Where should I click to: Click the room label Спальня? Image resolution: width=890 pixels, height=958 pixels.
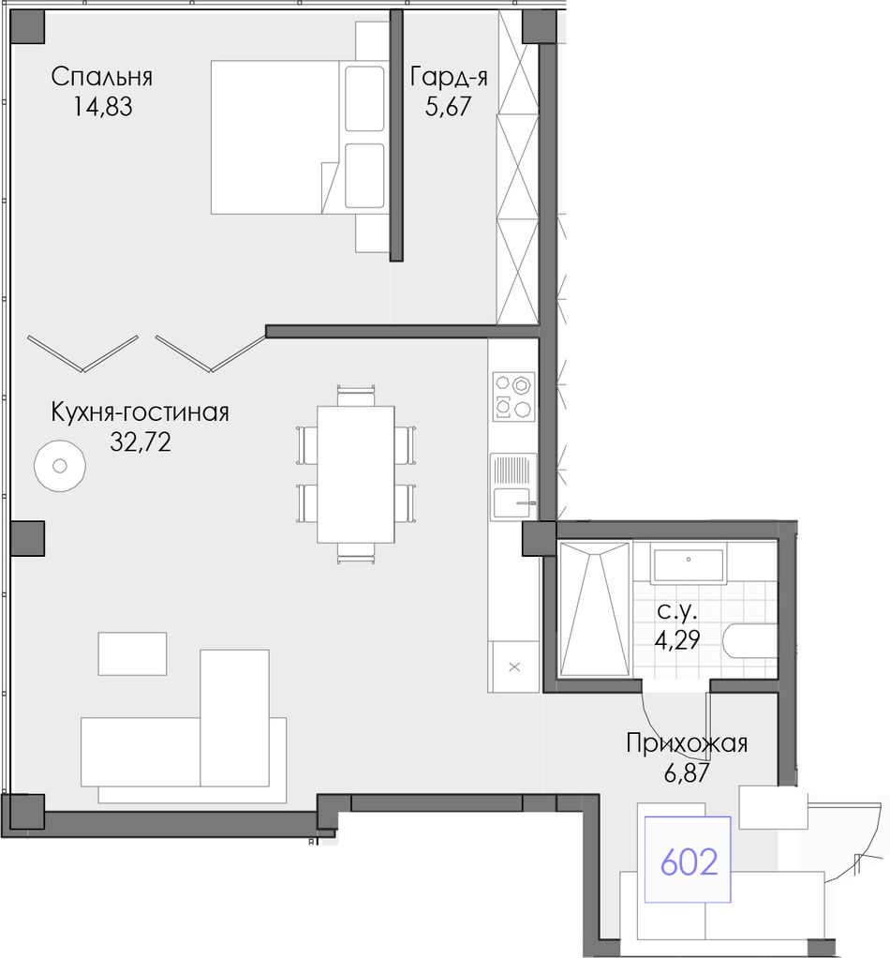tap(101, 78)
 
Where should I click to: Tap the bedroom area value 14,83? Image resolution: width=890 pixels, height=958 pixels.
tap(102, 107)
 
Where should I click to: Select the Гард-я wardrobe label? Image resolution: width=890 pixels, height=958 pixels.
tap(449, 78)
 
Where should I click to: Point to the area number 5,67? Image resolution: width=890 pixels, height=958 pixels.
tap(449, 107)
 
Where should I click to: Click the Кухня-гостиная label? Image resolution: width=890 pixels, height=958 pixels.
tap(140, 412)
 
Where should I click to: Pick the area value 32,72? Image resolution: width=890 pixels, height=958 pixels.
tap(141, 442)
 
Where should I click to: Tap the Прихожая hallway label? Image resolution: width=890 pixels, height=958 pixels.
tap(687, 743)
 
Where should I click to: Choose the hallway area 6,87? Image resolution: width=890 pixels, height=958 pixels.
tap(687, 773)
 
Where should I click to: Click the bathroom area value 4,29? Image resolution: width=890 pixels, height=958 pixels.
tap(677, 639)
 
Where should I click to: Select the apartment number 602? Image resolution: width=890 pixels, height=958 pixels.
tap(689, 862)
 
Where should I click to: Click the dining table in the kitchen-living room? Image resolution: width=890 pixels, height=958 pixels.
tap(355, 474)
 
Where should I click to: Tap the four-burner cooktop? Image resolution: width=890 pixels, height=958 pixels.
tap(513, 397)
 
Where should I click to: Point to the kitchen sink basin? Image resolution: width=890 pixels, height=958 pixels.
tap(512, 502)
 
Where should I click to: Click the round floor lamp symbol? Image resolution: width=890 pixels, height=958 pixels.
tap(59, 466)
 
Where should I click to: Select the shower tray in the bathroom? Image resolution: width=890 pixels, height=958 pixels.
tap(594, 608)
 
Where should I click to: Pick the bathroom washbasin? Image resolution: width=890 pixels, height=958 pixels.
tap(688, 566)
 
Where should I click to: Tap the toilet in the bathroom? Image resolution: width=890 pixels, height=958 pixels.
tap(750, 641)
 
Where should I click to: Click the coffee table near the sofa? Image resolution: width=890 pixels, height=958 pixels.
tap(132, 653)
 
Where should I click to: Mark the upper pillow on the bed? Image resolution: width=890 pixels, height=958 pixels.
tap(364, 98)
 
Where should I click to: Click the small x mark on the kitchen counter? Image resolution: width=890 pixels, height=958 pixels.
tap(514, 666)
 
